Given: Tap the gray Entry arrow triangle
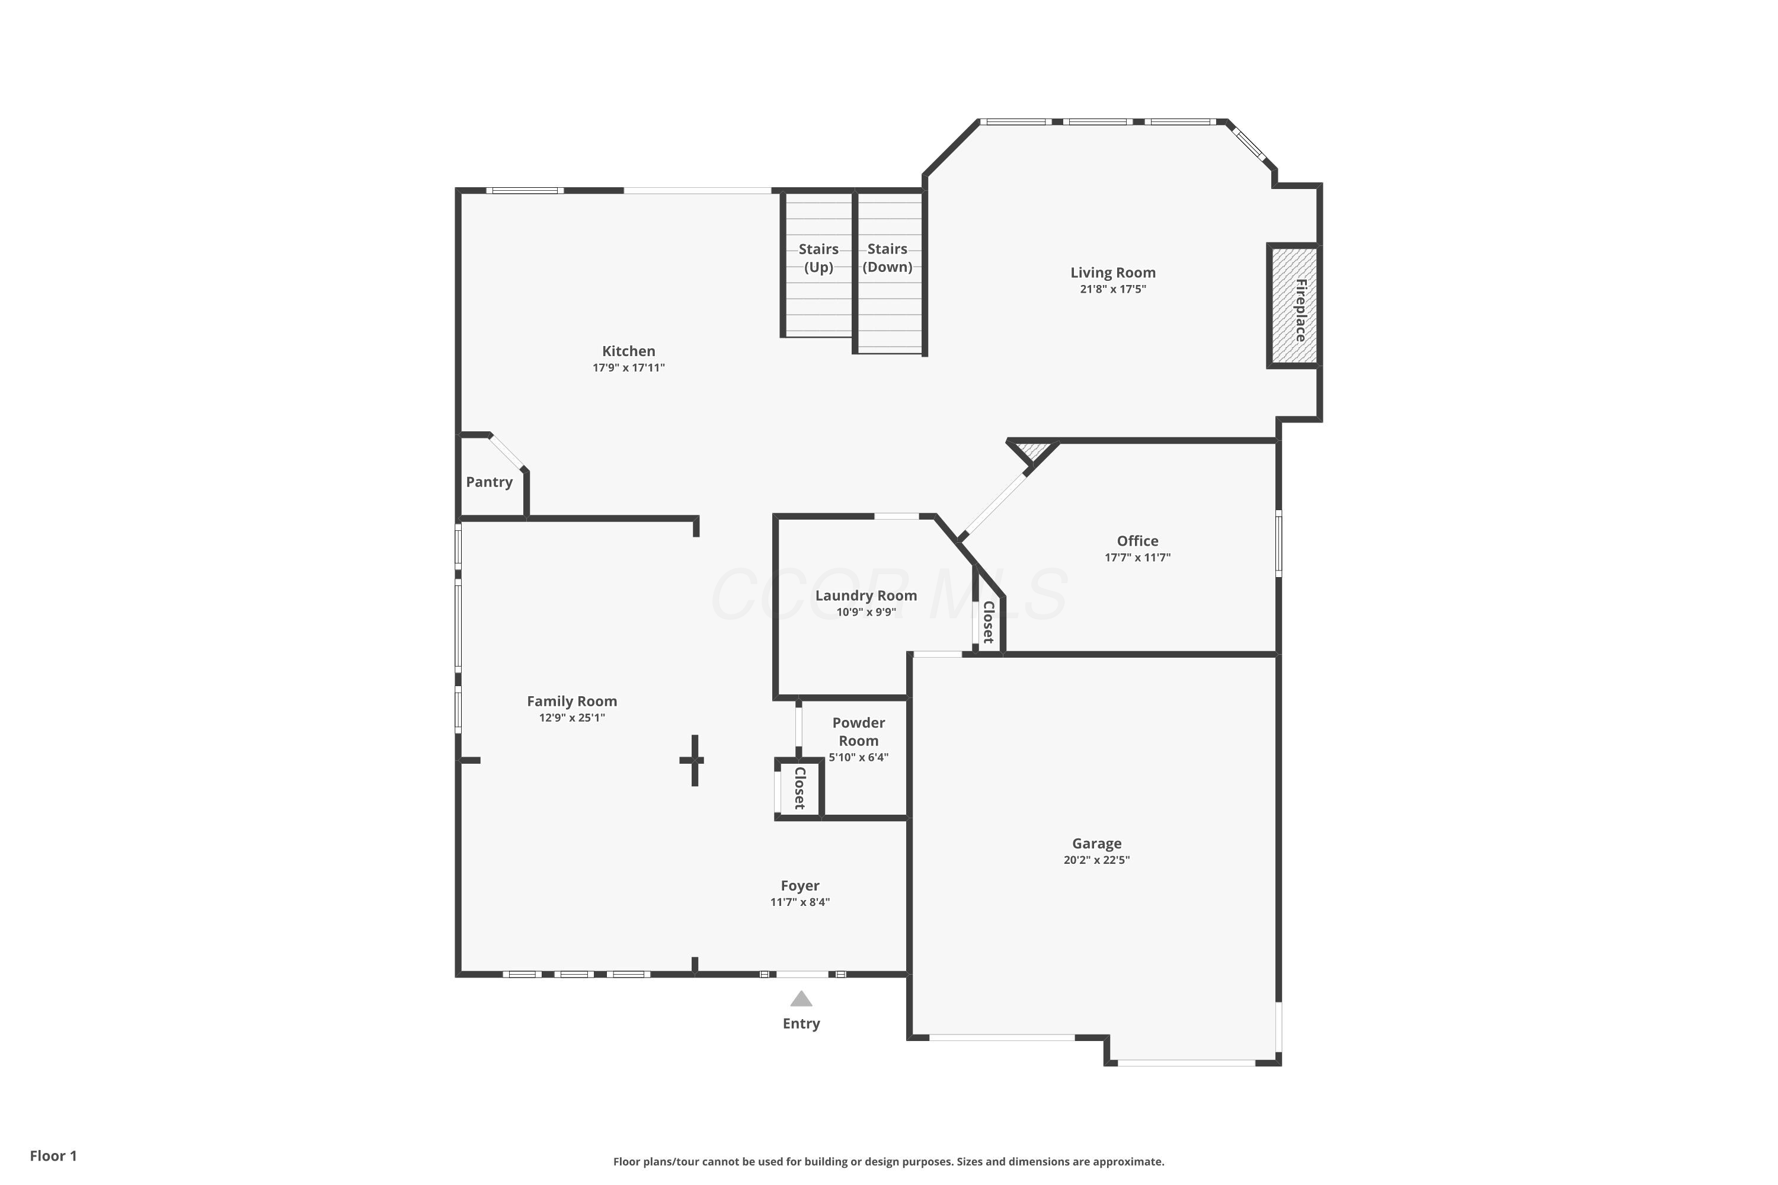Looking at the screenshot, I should (x=801, y=1000).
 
